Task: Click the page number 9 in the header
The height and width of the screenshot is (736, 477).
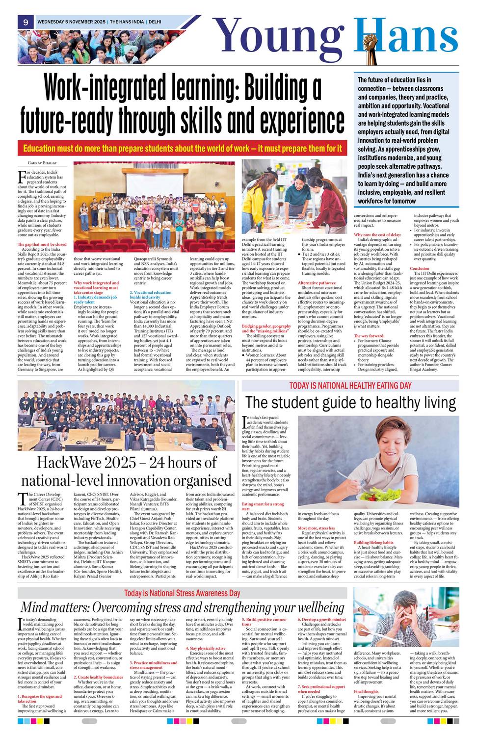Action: coord(25,22)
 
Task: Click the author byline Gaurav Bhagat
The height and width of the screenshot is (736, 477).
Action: coord(39,162)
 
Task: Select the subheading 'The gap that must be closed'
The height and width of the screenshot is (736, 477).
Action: coord(42,244)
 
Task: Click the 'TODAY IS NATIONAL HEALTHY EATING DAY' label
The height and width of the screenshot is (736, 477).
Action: coord(350,386)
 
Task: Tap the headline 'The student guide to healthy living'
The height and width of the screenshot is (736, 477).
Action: coord(350,403)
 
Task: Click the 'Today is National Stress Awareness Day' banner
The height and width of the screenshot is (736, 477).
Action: coord(182,593)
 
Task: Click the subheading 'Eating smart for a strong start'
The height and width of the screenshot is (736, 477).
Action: coord(263,506)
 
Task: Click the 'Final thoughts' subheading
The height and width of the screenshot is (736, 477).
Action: coord(366,691)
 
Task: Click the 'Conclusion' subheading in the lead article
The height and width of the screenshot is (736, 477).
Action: coord(420,268)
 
